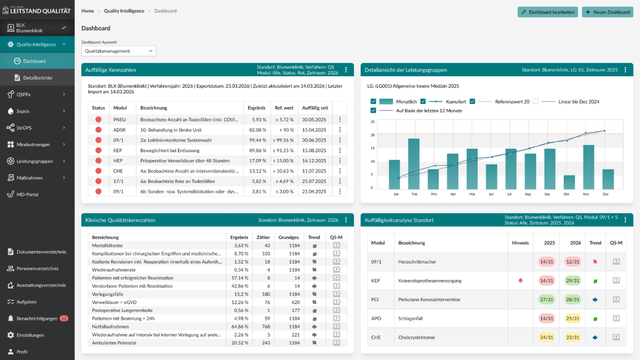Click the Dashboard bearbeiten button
click(548, 12)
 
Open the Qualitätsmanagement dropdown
click(119, 51)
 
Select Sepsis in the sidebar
click(23, 111)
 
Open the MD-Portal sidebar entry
click(27, 194)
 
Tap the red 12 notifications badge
click(64, 318)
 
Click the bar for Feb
click(414, 164)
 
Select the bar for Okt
click(569, 182)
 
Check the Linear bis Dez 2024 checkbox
click(536, 102)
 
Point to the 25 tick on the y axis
click(373, 122)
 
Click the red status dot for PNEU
click(98, 120)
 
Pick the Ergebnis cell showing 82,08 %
click(257, 130)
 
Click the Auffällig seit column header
click(315, 108)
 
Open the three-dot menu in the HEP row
click(340, 161)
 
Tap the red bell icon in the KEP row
click(520, 281)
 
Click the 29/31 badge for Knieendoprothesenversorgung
click(573, 281)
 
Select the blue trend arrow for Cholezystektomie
click(595, 337)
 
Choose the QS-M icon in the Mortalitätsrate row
click(337, 245)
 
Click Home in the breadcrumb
click(87, 11)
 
